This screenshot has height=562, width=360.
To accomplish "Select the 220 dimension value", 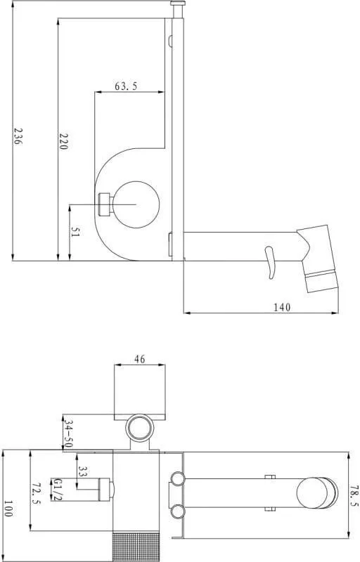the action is click(x=63, y=141).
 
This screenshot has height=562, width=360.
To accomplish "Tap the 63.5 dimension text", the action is click(x=126, y=86).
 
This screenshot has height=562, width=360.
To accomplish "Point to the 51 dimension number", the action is click(x=75, y=232).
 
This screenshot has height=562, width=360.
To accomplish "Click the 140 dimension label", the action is click(x=283, y=307).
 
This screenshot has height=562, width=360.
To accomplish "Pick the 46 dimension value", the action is click(x=140, y=359).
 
